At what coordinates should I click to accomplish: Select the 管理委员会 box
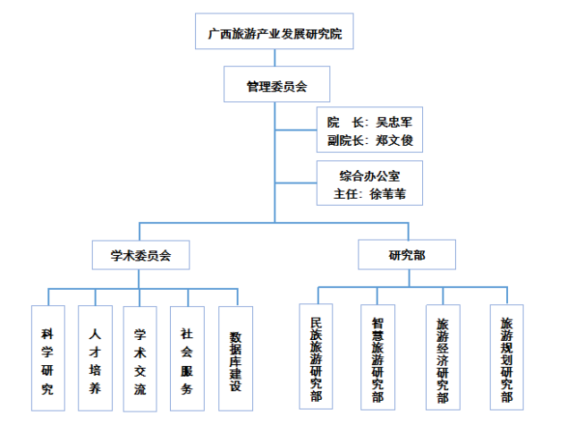(276, 87)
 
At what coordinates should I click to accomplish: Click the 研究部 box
(408, 255)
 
